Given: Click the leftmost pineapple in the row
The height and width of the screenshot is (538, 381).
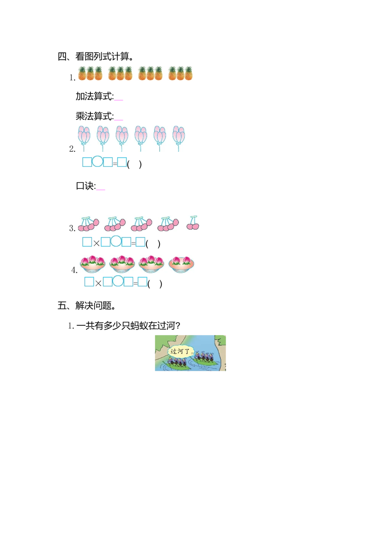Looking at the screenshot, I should pos(82,73).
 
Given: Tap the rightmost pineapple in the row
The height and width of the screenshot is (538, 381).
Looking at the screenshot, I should pos(188,73).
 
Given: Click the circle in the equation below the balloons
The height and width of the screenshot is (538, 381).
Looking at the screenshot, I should pos(98,162).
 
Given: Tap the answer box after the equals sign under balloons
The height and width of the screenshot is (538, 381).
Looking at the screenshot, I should pos(122,162).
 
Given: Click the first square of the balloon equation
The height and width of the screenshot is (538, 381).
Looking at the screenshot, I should pos(87,162).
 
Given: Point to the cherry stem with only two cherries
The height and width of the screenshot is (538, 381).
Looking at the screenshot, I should pos(193,223).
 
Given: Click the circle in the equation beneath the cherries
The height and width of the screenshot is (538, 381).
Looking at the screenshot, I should pos(116,241).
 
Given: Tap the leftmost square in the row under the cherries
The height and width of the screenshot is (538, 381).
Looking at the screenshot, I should pos(87,242).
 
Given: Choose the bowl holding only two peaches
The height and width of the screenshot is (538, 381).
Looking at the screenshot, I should pos(181,263).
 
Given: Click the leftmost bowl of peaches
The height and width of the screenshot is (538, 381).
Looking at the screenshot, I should pos(92,263).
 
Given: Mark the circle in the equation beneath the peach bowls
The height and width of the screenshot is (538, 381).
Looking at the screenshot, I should pos(118,282).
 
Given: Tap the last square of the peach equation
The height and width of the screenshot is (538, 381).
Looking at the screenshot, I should pos(142,282).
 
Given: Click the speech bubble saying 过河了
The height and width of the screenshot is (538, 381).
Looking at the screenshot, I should pos(181,351).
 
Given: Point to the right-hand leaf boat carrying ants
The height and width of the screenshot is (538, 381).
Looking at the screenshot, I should pos(206,359).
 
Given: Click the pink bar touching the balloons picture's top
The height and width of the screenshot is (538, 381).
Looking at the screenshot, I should pos(119,120).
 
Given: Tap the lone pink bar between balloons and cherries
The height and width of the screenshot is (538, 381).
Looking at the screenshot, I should pos(101,190).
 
